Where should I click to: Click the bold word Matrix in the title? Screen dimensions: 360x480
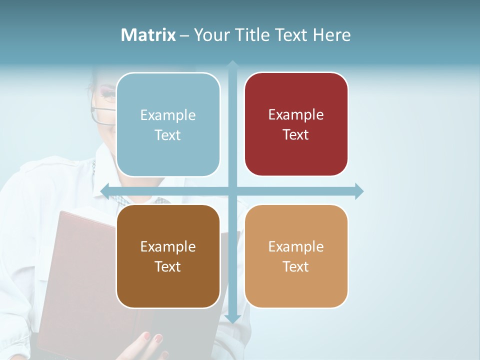[148, 35]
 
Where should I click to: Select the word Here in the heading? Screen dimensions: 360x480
[331, 35]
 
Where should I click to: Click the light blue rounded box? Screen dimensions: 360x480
[168, 125]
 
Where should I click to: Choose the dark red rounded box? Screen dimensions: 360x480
[296, 124]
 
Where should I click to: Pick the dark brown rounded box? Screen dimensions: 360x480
[168, 256]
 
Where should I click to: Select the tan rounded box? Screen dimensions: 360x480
[296, 256]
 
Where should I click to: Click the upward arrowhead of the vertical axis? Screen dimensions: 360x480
[232, 64]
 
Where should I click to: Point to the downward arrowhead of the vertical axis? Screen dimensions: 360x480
[232, 318]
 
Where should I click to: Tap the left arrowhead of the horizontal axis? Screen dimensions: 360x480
[105, 191]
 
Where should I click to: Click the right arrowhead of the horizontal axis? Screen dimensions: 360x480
[359, 191]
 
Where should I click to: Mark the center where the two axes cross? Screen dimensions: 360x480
[232, 191]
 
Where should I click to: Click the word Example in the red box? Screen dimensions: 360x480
[296, 114]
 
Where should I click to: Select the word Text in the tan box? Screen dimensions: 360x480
[296, 266]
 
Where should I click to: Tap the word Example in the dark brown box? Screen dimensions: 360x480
[168, 246]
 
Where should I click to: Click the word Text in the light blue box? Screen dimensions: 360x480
[168, 135]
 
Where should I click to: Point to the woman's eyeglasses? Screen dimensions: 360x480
[102, 114]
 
